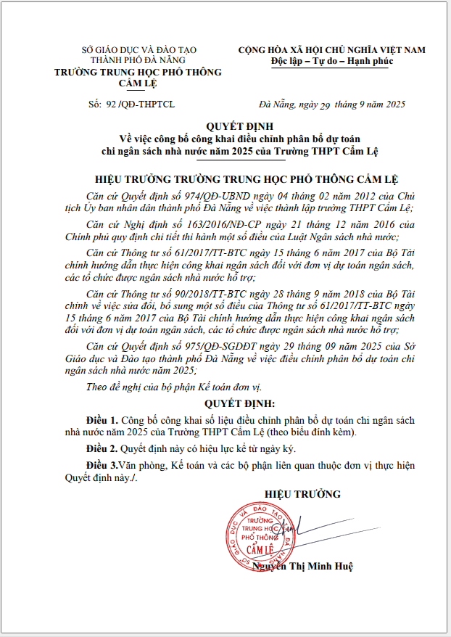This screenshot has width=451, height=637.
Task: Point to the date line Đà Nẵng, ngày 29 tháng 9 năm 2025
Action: click(x=332, y=104)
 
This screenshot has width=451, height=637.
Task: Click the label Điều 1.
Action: click(x=101, y=419)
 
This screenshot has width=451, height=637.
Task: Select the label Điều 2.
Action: click(x=101, y=448)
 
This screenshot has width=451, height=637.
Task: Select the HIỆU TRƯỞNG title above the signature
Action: click(x=302, y=494)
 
